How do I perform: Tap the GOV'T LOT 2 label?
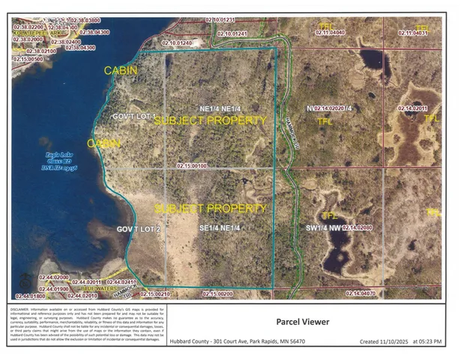point(139,228)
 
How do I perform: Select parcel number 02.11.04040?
point(331,33)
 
